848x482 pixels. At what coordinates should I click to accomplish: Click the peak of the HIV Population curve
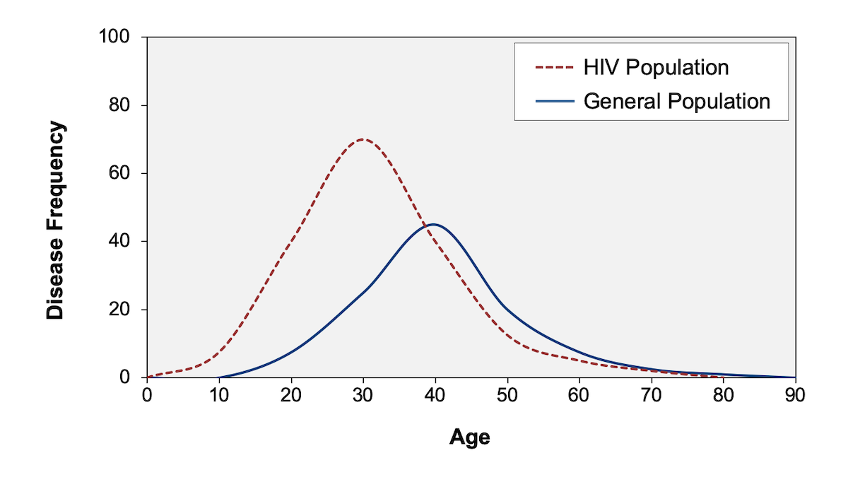(363, 139)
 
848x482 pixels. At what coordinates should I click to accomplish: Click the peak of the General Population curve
(435, 225)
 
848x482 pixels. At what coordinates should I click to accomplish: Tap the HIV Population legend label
(656, 68)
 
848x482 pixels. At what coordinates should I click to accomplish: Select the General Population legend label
(676, 101)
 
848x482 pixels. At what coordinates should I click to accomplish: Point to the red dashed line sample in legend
(555, 68)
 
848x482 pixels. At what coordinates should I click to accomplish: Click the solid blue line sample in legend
(555, 101)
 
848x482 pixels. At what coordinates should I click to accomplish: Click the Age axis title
(469, 437)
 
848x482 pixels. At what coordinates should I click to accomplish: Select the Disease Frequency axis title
(56, 221)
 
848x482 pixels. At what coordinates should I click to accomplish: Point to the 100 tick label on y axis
(117, 37)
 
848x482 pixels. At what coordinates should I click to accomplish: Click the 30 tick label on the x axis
(363, 395)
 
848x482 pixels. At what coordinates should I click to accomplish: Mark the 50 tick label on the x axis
(507, 395)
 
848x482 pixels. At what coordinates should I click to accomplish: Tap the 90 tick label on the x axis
(795, 395)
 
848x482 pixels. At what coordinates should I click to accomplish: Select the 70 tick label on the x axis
(652, 395)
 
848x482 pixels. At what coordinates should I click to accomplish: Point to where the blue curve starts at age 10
(219, 377)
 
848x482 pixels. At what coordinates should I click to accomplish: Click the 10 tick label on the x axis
(219, 395)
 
